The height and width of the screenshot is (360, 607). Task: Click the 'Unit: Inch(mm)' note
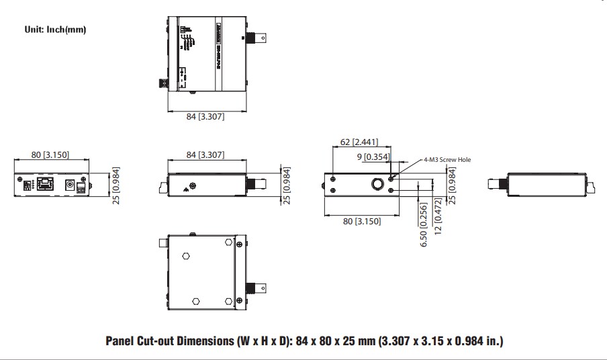click(55, 30)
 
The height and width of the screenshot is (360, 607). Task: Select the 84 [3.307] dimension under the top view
click(205, 117)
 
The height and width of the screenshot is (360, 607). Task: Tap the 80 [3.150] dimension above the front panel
click(50, 154)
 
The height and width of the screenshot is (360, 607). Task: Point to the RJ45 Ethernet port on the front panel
click(46, 184)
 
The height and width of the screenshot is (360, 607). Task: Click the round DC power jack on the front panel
click(69, 184)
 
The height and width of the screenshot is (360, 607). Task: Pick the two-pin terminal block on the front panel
click(81, 189)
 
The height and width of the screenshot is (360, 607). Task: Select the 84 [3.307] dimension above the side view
click(205, 155)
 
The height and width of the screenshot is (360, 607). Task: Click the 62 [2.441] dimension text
click(359, 142)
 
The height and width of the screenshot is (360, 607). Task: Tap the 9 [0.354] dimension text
click(373, 156)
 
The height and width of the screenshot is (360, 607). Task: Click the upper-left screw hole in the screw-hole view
click(332, 179)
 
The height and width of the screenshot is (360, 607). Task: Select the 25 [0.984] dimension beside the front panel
click(116, 185)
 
